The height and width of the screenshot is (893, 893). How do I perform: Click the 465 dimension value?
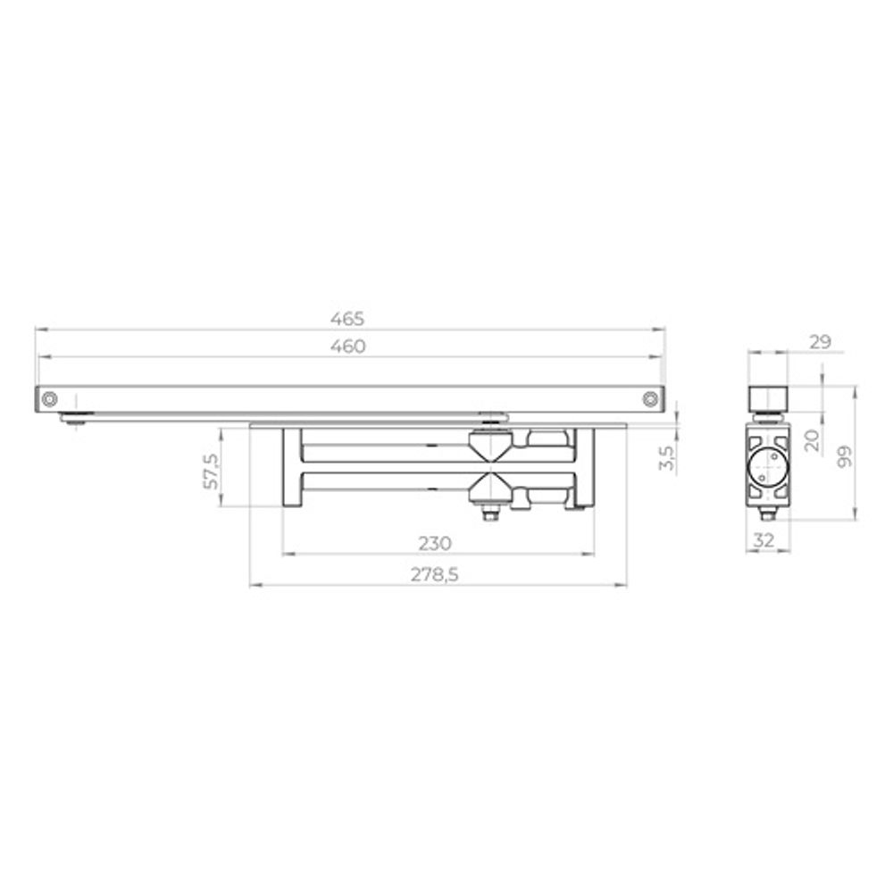pos(346,319)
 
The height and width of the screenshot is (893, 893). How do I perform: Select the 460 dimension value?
pos(348,346)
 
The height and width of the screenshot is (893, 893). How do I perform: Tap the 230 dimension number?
pos(435,543)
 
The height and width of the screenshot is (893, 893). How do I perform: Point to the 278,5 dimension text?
pos(435,574)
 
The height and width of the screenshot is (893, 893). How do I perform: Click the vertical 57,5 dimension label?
pos(211,471)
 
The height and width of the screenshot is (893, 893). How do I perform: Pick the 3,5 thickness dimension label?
pos(667,457)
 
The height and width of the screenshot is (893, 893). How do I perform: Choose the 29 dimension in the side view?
pos(820,342)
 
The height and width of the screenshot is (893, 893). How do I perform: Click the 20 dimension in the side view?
pos(812,440)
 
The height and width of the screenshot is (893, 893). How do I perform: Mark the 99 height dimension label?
pos(845,456)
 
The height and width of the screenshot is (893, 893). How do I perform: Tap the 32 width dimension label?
pos(764,540)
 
